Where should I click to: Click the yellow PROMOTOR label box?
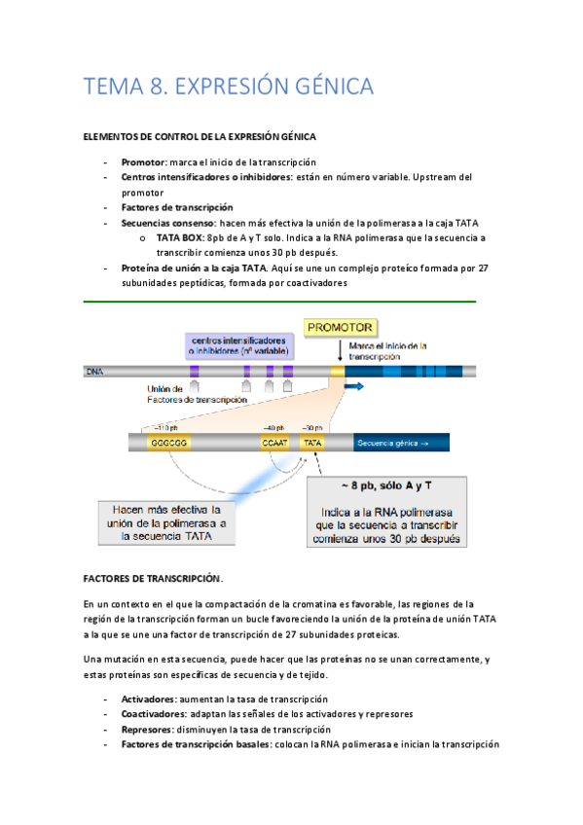click(x=341, y=328)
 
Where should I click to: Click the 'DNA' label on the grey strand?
click(x=94, y=371)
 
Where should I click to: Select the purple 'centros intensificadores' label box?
click(x=238, y=346)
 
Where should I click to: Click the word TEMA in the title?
click(x=114, y=88)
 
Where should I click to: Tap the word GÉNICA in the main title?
click(x=327, y=88)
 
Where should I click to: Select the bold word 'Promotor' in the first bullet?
click(x=143, y=161)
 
